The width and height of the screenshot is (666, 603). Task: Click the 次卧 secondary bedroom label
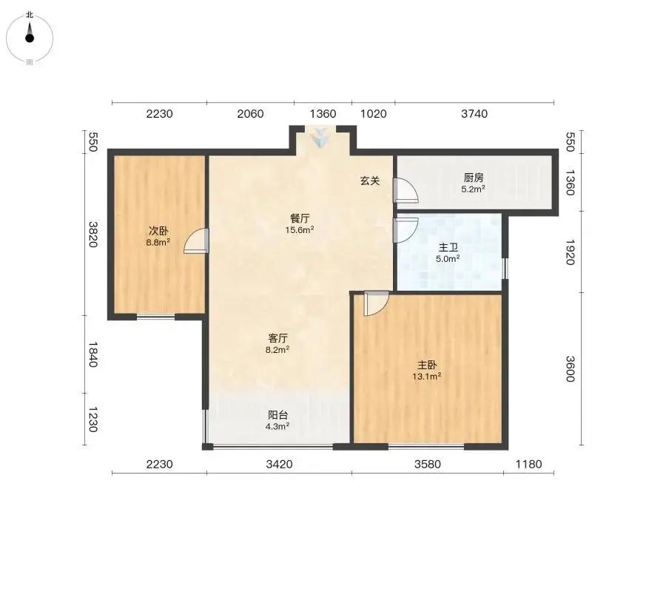(x=158, y=231)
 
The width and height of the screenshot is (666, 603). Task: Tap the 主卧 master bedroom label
(x=427, y=365)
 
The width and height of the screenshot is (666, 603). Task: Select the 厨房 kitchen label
(x=473, y=178)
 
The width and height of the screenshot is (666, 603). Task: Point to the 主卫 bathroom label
(x=448, y=248)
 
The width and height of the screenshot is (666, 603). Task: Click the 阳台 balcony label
(x=277, y=415)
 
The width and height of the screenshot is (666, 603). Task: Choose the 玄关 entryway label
(x=370, y=181)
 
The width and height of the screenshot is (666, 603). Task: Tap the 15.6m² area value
(x=300, y=230)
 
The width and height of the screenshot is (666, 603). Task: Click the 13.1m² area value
(x=426, y=377)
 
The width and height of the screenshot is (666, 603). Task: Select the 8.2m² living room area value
(x=277, y=350)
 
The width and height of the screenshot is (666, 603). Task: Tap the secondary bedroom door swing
(x=196, y=241)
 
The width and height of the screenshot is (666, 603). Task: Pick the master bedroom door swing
(x=377, y=303)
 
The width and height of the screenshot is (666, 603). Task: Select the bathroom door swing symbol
(x=406, y=230)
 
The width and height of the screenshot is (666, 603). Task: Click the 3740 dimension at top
(x=474, y=114)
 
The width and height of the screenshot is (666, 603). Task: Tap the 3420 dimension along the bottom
(x=279, y=465)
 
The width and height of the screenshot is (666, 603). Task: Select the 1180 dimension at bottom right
(x=529, y=465)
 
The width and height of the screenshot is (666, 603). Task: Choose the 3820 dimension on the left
(x=93, y=235)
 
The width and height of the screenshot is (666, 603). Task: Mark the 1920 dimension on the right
(x=570, y=252)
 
